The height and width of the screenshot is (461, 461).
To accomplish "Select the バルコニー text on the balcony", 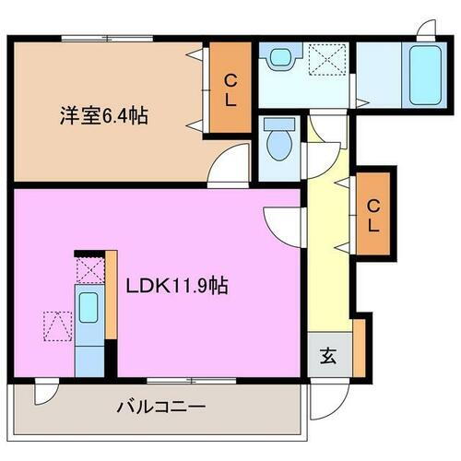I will click(161, 406).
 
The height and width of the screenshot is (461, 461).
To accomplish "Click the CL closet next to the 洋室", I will click(229, 89).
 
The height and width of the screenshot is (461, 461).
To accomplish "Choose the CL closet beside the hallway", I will click(372, 214).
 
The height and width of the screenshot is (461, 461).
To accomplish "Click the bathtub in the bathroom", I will click(425, 73).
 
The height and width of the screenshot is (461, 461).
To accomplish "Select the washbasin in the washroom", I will click(277, 58).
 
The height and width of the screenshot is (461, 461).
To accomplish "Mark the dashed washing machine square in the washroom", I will click(327, 60).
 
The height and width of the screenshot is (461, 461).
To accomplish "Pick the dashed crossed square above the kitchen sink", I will click(89, 271).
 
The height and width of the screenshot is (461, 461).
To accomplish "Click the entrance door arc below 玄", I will click(325, 396).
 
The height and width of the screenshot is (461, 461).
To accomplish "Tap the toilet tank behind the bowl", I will click(275, 124).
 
